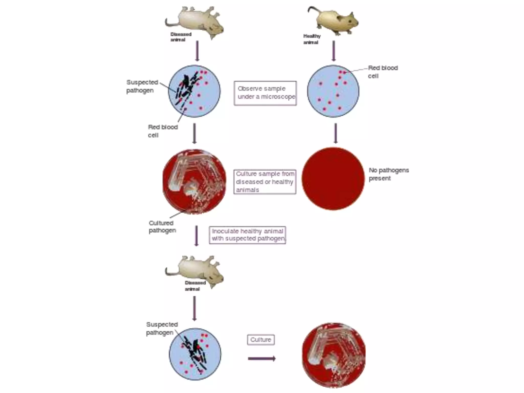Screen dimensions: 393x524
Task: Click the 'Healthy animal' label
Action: point(312,39)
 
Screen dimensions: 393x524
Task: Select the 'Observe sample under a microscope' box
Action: point(265,93)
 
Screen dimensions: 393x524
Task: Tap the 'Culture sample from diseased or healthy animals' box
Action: point(265,182)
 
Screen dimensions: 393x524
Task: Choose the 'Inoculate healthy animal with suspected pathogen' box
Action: point(247,235)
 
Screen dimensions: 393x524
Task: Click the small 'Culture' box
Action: point(261,340)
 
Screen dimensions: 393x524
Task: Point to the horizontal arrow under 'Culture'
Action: point(261,358)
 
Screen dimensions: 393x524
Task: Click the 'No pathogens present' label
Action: point(388,174)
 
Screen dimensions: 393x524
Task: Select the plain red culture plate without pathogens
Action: point(333,179)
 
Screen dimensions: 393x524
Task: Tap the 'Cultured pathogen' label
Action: point(162,227)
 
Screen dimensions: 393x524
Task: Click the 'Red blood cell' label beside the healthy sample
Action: point(383,72)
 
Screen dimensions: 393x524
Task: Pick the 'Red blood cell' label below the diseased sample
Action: point(162,131)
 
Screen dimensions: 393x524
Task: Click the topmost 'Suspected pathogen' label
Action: point(142,86)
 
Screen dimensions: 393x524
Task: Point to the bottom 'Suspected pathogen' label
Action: point(162,329)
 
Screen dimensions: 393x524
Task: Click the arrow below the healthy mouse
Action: point(333,51)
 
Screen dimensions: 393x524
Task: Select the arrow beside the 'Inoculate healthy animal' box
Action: point(196,236)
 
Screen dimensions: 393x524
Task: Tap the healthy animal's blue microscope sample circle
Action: point(333,91)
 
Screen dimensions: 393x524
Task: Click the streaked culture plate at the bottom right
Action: point(334,355)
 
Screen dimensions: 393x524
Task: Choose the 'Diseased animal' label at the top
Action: point(181,37)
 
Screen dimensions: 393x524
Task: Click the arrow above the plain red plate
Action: point(335,133)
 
